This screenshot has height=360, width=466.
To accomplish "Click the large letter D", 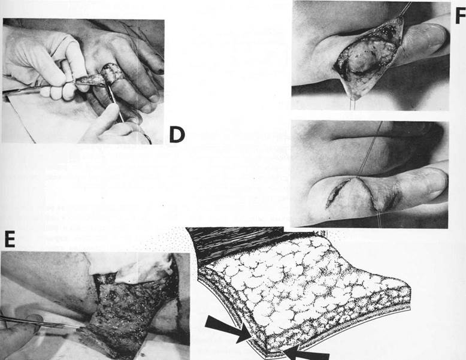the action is pyautogui.click(x=177, y=134).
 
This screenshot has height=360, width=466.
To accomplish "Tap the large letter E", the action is pyautogui.click(x=10, y=240).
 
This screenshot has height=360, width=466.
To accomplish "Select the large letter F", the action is pyautogui.click(x=461, y=16).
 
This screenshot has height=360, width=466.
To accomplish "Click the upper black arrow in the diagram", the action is pyautogui.click(x=228, y=329).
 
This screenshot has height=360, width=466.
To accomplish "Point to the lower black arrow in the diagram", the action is pyautogui.click(x=306, y=355).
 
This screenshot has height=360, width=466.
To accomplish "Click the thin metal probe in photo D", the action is pyautogui.click(x=116, y=102).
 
